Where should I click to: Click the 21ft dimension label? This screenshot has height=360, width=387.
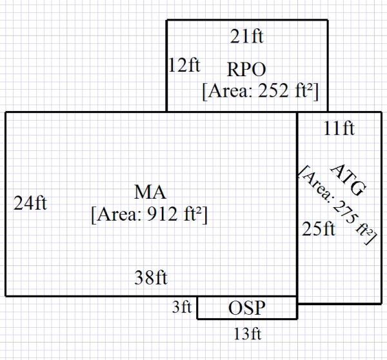click(247, 37)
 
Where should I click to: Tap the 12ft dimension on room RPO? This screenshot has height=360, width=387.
click(184, 65)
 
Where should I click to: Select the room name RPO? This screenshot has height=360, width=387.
click(247, 68)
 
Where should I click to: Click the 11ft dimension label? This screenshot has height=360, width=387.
click(339, 129)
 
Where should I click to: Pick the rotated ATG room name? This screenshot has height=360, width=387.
click(348, 180)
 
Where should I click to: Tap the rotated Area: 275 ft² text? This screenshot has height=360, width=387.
click(337, 205)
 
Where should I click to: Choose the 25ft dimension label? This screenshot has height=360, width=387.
click(319, 229)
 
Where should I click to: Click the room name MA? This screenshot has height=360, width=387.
click(150, 192)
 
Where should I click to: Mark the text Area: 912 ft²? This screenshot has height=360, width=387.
click(150, 214)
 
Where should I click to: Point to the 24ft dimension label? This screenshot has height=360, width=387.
click(30, 204)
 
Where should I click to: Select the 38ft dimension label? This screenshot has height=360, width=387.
click(150, 278)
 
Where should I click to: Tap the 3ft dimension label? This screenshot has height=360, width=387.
click(182, 308)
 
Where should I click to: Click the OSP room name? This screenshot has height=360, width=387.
click(247, 308)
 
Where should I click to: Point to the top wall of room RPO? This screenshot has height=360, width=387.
click(247, 20)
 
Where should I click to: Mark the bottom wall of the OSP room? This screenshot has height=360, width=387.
click(247, 319)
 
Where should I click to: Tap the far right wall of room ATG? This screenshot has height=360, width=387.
click(381, 206)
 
